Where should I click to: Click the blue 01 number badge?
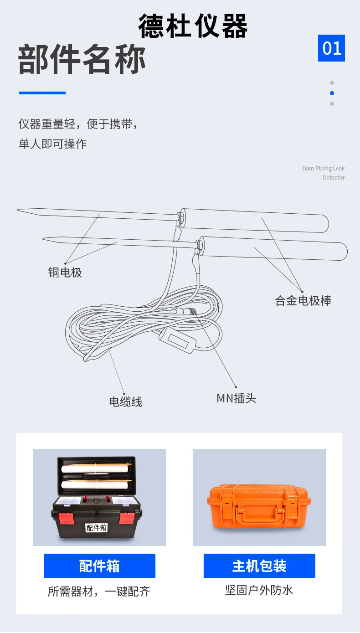331,48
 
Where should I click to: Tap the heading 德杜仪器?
193,26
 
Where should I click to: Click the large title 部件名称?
82,60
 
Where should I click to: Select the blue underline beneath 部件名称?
42,93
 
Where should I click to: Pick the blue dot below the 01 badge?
332,93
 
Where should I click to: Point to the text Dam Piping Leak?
323,169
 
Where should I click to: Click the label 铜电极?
65,273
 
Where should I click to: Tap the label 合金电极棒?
303,301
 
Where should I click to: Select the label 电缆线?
125,401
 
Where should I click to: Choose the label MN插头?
236,398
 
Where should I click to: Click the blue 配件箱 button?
99,566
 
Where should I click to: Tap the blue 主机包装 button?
259,566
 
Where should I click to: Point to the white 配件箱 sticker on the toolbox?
96,528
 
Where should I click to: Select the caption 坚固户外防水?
259,591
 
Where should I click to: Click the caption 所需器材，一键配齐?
99,592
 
